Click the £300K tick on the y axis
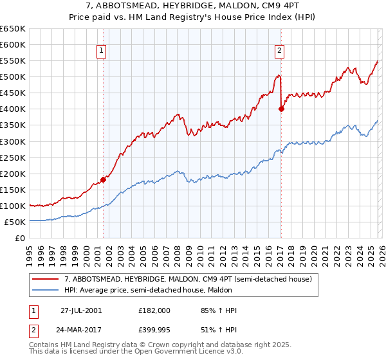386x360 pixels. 14,141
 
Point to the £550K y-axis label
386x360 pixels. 14,61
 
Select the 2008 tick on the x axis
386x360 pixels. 176,251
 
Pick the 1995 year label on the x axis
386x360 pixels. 29,251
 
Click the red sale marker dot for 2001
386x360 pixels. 103,179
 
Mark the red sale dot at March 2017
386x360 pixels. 281,109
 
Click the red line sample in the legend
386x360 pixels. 45,279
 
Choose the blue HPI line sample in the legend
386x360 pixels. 45,290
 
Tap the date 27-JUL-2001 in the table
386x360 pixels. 80,310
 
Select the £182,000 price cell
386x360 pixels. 154,310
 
